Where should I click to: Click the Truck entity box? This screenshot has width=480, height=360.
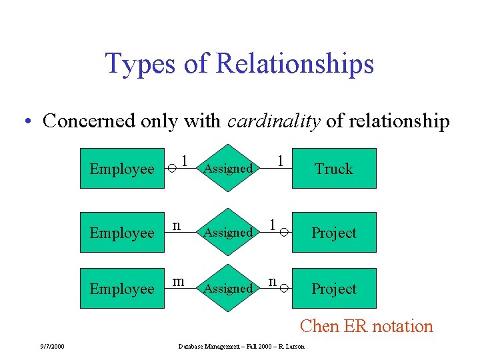[334, 169]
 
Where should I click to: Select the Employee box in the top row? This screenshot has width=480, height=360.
[122, 169]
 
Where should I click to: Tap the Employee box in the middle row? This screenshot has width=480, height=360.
[122, 233]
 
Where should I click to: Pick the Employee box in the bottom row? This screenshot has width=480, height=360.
[122, 289]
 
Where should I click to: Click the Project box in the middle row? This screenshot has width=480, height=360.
[334, 233]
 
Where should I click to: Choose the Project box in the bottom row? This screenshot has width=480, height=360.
[334, 289]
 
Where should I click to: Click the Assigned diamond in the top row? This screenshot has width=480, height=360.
[228, 169]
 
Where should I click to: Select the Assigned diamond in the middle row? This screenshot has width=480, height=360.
[228, 233]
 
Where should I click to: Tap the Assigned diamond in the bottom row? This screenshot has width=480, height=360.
[228, 289]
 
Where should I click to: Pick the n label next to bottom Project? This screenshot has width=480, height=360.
[273, 281]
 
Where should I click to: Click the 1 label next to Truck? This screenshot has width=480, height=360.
[281, 161]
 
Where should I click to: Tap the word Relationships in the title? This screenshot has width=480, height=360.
[295, 64]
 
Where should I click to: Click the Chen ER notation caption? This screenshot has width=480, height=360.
[366, 326]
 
